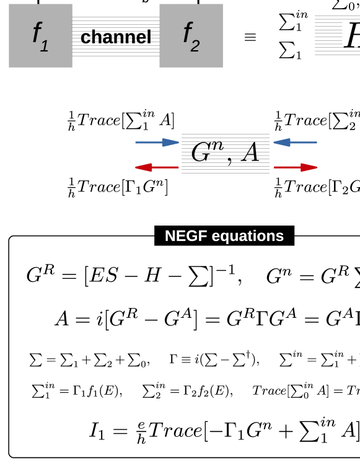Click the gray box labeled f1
pos(40,35)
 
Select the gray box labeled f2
pos(191,35)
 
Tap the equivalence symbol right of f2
pos(250,37)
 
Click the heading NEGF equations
pos(224,236)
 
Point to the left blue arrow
pos(157,143)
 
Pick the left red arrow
pos(157,167)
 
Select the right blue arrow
pos(295,143)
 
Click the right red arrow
pos(296,167)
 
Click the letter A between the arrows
pos(250,152)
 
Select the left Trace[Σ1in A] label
pos(121,120)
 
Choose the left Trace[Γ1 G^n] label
pos(118,187)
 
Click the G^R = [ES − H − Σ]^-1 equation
pos(134,276)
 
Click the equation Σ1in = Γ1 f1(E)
pos(77,390)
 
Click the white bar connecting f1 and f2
pos(116,11)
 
